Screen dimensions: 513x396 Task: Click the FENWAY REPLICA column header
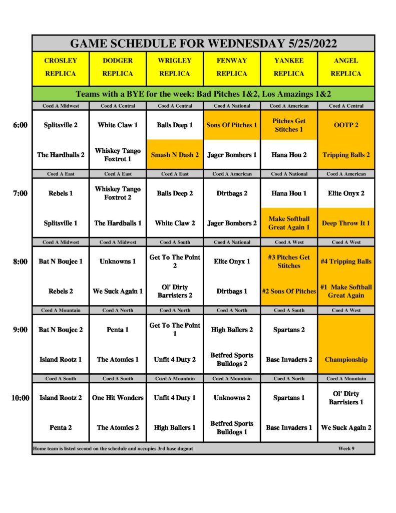click(232, 67)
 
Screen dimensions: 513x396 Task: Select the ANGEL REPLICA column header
click(346, 67)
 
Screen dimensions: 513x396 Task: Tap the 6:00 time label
click(20, 125)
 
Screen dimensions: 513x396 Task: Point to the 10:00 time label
click(20, 398)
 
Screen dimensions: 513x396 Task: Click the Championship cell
click(346, 359)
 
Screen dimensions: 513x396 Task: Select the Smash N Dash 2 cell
click(175, 155)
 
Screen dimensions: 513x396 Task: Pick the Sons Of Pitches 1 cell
click(232, 125)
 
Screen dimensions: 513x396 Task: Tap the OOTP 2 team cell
click(346, 125)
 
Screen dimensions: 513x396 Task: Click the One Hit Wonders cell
click(118, 398)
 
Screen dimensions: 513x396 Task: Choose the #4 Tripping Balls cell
click(346, 261)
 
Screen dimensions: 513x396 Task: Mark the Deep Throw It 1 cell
click(346, 223)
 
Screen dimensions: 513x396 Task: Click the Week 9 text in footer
click(346, 448)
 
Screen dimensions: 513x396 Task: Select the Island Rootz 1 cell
click(61, 359)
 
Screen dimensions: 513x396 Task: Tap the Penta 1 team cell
click(118, 330)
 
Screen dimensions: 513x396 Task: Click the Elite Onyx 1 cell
click(232, 261)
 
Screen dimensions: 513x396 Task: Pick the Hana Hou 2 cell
click(289, 155)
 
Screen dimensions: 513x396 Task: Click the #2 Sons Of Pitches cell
click(289, 291)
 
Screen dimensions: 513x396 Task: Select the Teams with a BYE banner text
click(203, 94)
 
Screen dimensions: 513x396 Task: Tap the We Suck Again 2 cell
click(346, 427)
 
